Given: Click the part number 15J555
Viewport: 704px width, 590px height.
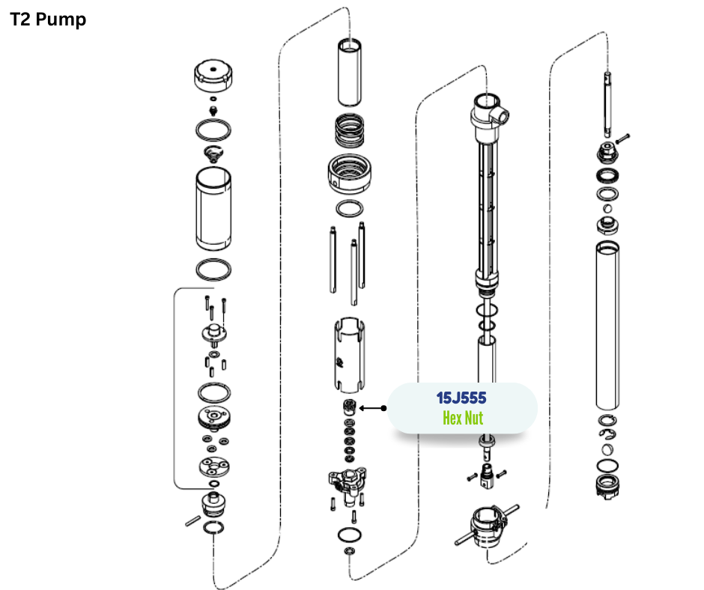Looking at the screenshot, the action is tap(461, 398).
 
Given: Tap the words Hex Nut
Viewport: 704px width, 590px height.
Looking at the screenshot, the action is tap(463, 418).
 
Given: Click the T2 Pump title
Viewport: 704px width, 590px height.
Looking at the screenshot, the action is tap(48, 19).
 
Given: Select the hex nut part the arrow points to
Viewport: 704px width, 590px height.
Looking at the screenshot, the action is tap(349, 406).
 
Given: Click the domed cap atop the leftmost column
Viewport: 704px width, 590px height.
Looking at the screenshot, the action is tap(213, 76).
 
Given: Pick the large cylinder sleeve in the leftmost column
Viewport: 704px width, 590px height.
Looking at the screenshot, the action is tap(213, 209).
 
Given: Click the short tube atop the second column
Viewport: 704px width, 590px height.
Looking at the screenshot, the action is tap(349, 73).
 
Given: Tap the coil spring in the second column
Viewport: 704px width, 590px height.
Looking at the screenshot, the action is tap(349, 131).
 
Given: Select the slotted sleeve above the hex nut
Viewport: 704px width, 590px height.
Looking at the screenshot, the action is tap(349, 355).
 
